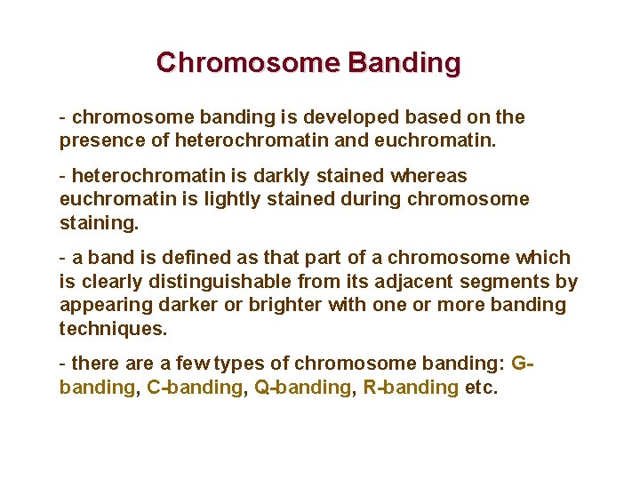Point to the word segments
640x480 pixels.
[510, 282]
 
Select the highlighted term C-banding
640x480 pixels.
[194, 388]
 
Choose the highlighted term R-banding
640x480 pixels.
[412, 388]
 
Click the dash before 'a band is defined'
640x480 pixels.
[62, 258]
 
